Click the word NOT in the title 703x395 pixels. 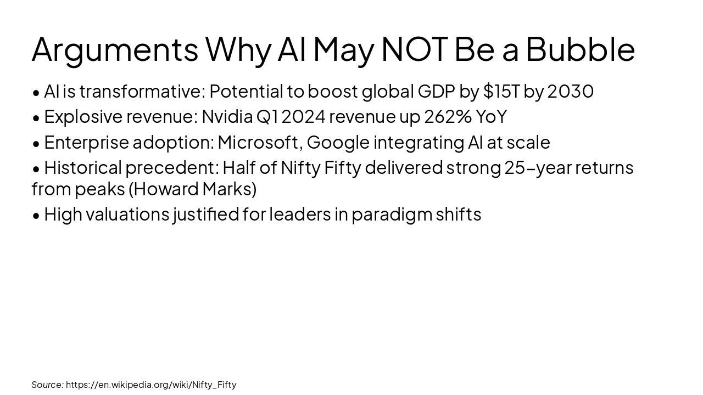pyautogui.click(x=414, y=49)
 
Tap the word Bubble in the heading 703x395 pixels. pyautogui.click(x=580, y=49)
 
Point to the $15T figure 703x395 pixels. pyautogui.click(x=501, y=92)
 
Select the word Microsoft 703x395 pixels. pyautogui.click(x=259, y=142)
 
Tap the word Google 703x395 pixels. pyautogui.click(x=338, y=143)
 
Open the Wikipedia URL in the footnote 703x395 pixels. pyautogui.click(x=151, y=385)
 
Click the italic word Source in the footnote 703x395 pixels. pyautogui.click(x=47, y=385)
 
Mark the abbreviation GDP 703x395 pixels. pyautogui.click(x=436, y=92)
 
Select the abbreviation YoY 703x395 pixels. pyautogui.click(x=491, y=117)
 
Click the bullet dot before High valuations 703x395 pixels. pyautogui.click(x=36, y=215)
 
